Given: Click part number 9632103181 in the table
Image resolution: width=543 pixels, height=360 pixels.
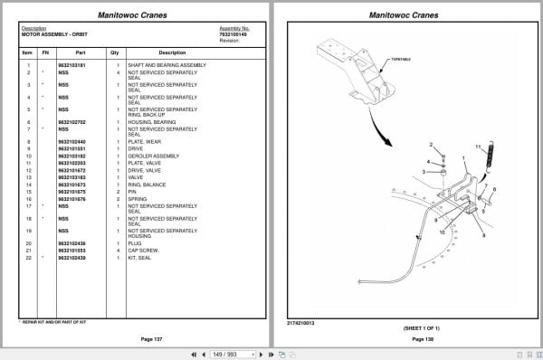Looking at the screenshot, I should click(71, 65).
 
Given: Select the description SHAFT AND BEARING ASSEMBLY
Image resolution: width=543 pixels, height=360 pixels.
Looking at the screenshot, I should click(167, 65).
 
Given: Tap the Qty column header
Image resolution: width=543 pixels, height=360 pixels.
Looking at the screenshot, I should click(115, 52).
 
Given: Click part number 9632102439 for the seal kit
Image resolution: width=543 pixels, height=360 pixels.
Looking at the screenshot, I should click(71, 258).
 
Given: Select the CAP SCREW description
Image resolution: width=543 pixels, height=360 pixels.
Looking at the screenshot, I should click(144, 250).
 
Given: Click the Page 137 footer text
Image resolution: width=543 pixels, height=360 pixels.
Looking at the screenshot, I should click(151, 338).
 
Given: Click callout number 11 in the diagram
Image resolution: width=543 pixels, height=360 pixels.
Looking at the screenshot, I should click(478, 146).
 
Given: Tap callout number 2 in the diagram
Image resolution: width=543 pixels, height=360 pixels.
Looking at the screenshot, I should click(431, 145).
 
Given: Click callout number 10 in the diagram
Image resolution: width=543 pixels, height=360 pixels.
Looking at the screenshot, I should click(442, 232).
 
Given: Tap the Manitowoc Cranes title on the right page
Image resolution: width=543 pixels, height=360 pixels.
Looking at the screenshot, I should click(405, 14).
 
